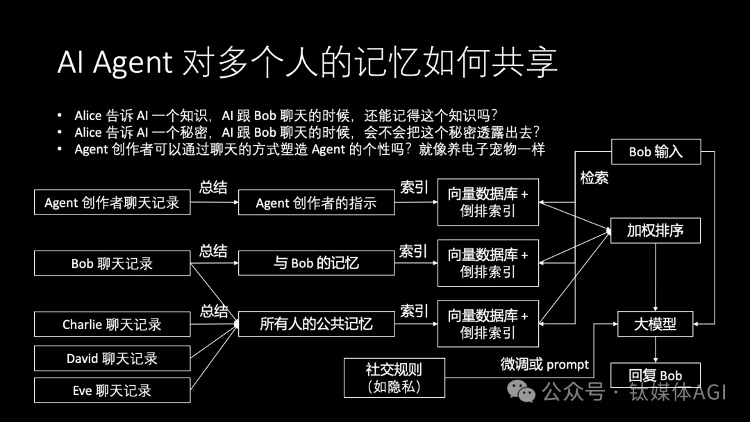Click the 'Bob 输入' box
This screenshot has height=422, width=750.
[656, 151]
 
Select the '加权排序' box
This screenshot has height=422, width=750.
[655, 230]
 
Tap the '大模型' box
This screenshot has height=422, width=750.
[655, 323]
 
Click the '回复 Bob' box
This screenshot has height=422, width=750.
[655, 375]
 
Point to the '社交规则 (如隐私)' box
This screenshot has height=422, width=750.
[394, 378]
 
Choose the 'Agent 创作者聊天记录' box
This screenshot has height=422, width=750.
[112, 203]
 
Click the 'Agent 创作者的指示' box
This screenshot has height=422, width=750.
[316, 203]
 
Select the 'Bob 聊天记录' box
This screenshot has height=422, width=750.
[112, 264]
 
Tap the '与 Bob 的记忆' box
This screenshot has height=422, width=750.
[316, 263]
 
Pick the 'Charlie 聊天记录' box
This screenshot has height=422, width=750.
[112, 324]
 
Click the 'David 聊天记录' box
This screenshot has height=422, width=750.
[112, 358]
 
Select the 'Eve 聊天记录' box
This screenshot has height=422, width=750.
[112, 390]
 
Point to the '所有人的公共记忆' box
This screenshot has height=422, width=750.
[316, 323]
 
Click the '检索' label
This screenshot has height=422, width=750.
[594, 178]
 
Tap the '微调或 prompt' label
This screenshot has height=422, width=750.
[544, 364]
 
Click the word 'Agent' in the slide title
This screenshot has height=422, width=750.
[133, 64]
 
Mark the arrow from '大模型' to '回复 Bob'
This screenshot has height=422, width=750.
[655, 349]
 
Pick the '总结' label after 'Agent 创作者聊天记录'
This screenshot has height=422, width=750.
[213, 187]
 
